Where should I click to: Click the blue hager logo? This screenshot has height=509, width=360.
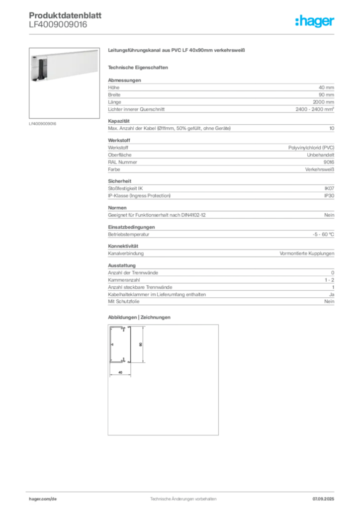(x=315, y=22)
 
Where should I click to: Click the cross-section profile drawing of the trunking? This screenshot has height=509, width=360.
(x=121, y=346)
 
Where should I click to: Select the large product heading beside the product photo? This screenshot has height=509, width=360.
(x=177, y=51)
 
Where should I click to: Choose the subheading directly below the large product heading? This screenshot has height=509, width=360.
(x=139, y=67)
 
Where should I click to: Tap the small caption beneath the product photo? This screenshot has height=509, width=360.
(x=43, y=123)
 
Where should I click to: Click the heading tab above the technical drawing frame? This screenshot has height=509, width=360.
(x=139, y=318)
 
